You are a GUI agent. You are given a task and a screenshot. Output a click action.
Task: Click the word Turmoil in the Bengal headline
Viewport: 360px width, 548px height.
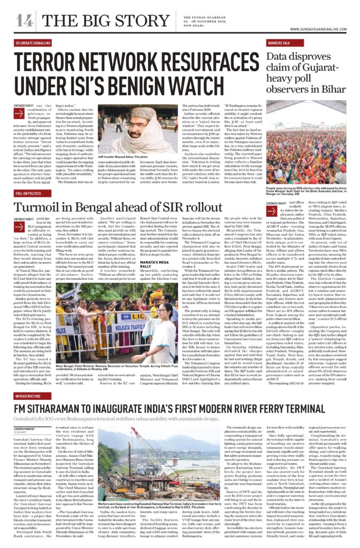click(51, 206)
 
